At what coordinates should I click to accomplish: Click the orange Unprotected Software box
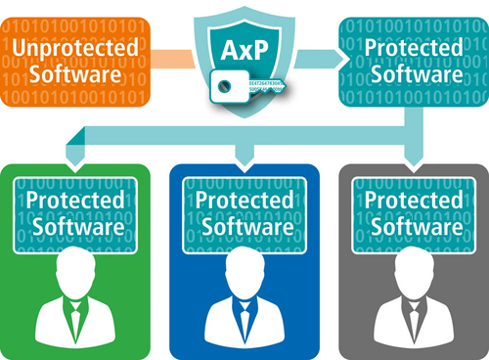tap(74, 60)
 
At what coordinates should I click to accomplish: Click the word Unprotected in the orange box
tap(74, 47)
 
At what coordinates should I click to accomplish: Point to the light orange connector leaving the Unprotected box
tap(176, 58)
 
